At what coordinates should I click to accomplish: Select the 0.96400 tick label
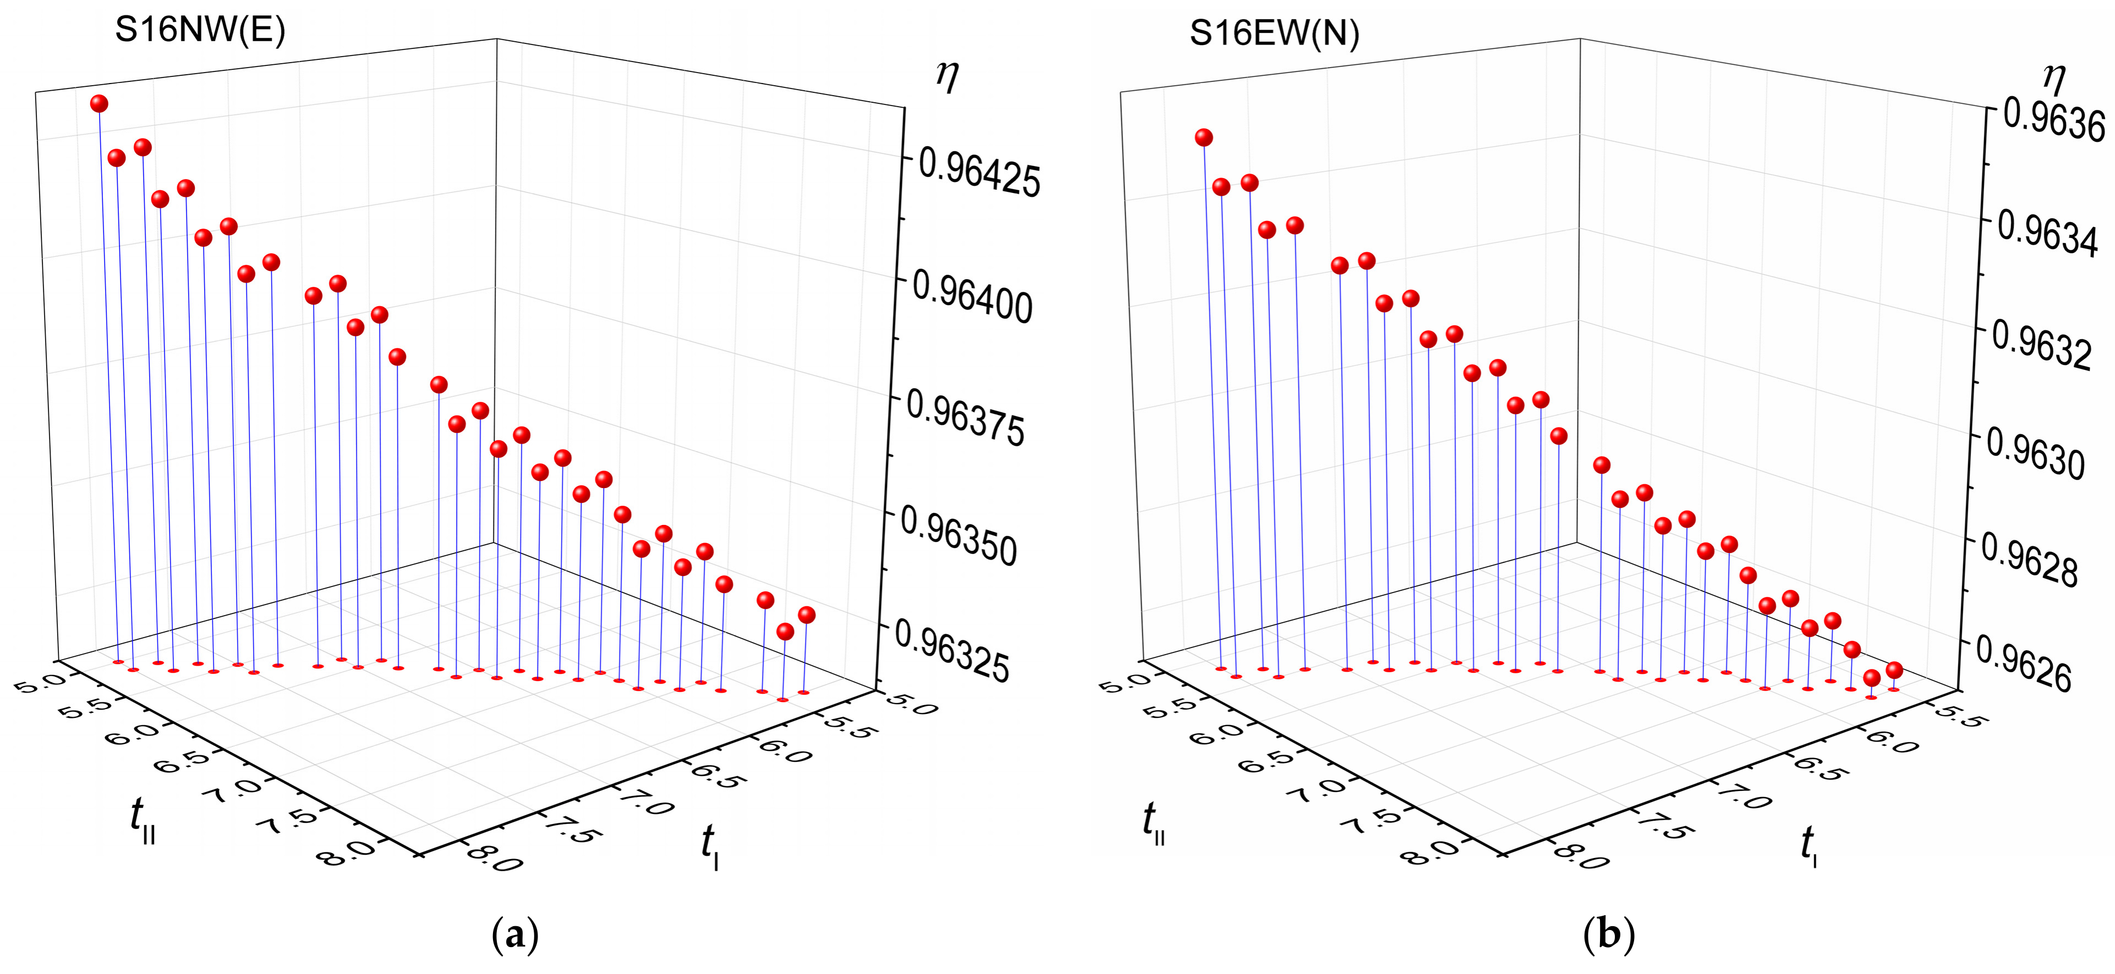(x=972, y=298)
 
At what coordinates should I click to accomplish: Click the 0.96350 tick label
(x=959, y=538)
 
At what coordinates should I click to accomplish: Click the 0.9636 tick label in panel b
(x=2054, y=121)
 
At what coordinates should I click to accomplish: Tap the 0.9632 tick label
(x=2042, y=347)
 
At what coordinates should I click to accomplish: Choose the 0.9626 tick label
(x=2024, y=664)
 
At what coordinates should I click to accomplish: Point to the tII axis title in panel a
(x=142, y=821)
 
